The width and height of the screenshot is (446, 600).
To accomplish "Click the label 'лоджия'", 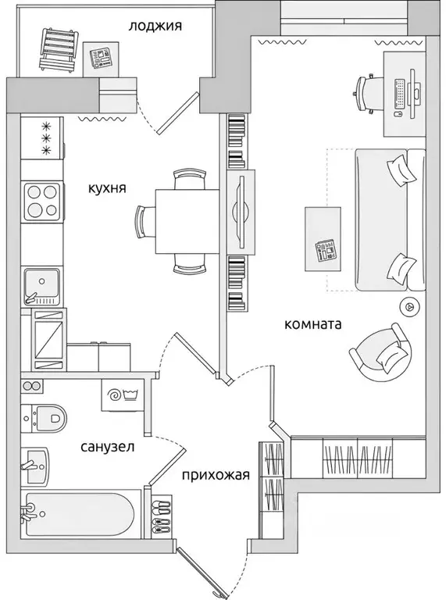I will tap(155, 26).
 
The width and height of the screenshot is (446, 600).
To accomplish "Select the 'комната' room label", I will tap(313, 324).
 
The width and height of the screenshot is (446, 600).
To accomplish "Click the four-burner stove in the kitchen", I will tap(41, 202).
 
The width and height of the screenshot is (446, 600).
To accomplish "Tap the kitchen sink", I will tap(41, 285).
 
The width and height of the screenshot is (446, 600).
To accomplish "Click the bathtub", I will tap(78, 516).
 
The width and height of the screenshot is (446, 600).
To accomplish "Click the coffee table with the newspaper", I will tap(323, 237).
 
